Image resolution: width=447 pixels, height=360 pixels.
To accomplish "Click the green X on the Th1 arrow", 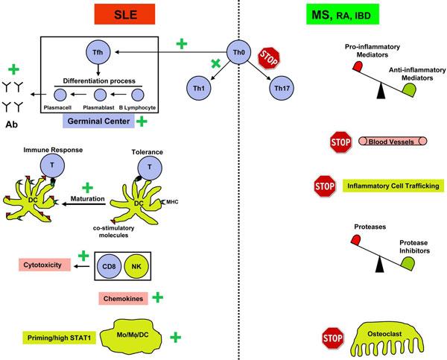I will [x=216, y=66].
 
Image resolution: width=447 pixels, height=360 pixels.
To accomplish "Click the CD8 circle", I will [x=115, y=265].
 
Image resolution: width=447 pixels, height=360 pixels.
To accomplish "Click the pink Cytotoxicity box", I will [x=45, y=265].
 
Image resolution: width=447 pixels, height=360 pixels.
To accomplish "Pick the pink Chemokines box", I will [x=121, y=298].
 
